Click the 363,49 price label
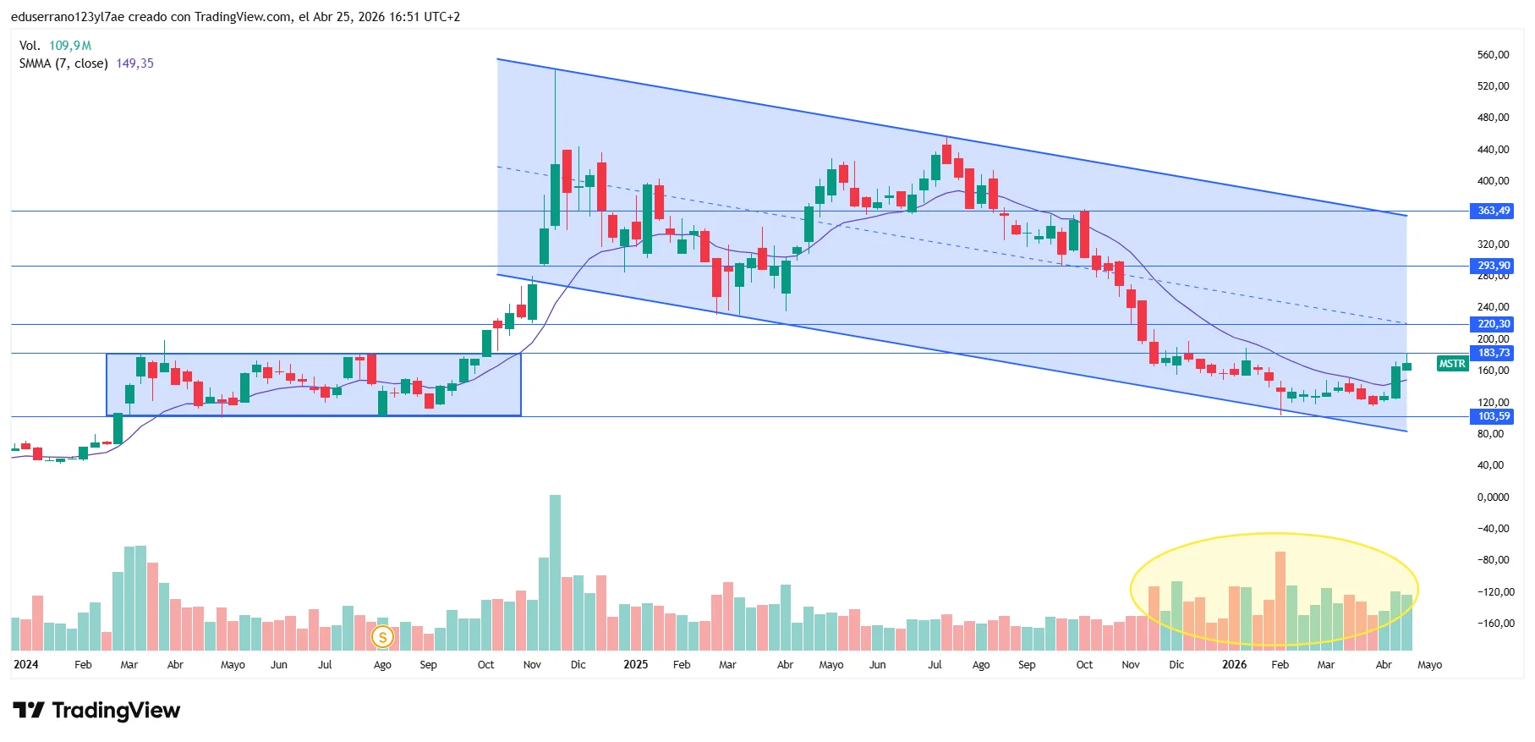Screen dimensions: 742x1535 (1494, 211)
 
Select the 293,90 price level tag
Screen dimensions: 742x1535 (1494, 266)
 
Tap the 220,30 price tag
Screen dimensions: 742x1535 (1494, 324)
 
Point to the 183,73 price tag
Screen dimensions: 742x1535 (1494, 353)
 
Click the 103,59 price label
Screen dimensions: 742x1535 (1494, 416)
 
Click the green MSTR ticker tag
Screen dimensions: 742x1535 (1452, 364)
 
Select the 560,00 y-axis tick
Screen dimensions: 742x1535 (1493, 55)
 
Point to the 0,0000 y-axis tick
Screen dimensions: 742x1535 (1493, 497)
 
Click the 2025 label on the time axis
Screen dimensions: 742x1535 (635, 665)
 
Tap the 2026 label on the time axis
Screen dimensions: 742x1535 (1234, 665)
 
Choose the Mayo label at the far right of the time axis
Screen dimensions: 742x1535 (1429, 665)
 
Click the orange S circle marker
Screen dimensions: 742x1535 (382, 637)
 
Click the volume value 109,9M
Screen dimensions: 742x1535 (70, 46)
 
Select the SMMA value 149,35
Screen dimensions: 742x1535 (134, 63)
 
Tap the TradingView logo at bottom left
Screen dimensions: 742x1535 (96, 711)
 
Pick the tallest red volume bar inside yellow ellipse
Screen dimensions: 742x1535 (1280, 597)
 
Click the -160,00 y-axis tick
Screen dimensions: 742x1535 (1493, 624)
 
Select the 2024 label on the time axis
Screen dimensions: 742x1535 (25, 665)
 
